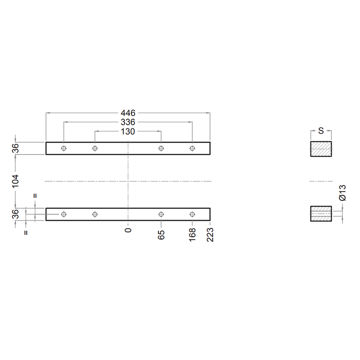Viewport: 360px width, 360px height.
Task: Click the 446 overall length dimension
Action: tap(128, 113)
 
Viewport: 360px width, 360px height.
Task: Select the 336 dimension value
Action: tap(128, 122)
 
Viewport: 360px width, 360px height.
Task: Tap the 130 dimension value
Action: tap(128, 131)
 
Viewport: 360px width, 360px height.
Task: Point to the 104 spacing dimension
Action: tap(15, 181)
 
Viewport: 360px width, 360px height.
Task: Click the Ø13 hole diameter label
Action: tap(342, 193)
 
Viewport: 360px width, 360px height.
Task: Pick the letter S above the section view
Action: tap(321, 131)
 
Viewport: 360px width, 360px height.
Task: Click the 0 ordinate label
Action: tap(128, 230)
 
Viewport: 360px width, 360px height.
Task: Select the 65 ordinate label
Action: tap(161, 234)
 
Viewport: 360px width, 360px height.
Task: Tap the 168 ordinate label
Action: tap(193, 234)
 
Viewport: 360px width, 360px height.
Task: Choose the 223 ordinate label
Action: tap(210, 235)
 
